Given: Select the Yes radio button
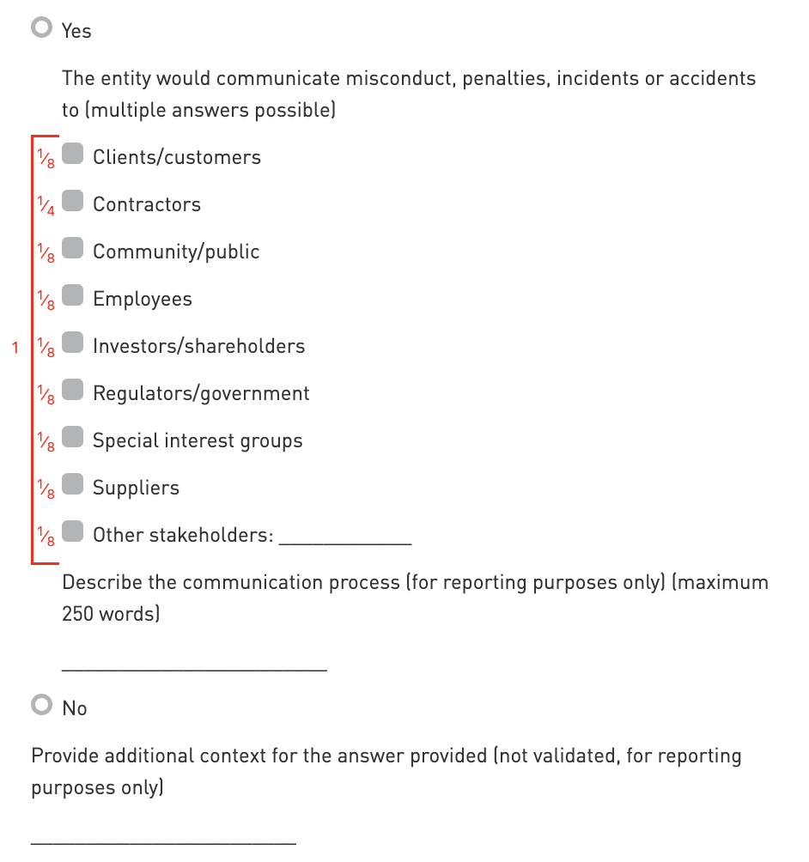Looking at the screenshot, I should click(x=40, y=28).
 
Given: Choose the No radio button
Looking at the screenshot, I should click(x=40, y=706).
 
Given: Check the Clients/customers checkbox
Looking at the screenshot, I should click(x=73, y=155).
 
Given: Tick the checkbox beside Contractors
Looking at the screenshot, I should click(x=73, y=202).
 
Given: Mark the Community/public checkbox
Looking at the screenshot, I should click(x=73, y=249).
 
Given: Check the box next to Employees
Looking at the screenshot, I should click(x=73, y=296).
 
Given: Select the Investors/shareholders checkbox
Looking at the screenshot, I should click(x=73, y=343).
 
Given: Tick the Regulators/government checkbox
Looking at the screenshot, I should click(x=73, y=391).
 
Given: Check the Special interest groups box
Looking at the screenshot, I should click(x=73, y=438).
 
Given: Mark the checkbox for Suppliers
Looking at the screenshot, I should click(x=73, y=485).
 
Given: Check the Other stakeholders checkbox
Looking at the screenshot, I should click(x=73, y=532).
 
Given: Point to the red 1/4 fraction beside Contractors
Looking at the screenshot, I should click(x=46, y=206).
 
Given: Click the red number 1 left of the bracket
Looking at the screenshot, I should click(x=15, y=348).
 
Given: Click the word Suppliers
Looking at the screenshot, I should click(x=136, y=488).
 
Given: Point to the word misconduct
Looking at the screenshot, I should click(x=399, y=79).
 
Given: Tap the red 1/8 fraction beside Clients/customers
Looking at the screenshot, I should click(x=46, y=159).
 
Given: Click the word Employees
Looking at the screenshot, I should click(x=143, y=299).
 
